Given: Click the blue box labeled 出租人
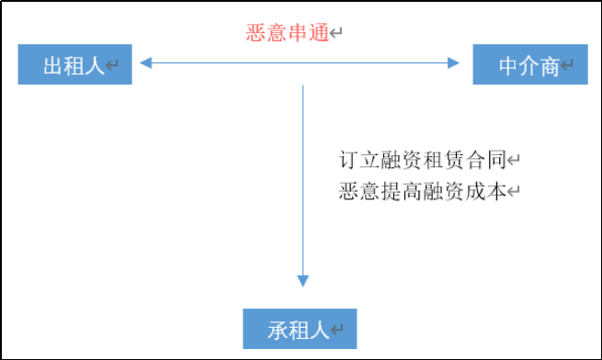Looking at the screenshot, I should click(74, 65).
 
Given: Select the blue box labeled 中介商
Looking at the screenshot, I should click(530, 65).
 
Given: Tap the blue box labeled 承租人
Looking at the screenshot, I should click(299, 330).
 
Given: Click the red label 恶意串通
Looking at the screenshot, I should click(287, 34).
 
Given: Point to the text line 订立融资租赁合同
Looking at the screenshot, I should click(422, 161).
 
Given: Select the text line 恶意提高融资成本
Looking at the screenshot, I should click(422, 192).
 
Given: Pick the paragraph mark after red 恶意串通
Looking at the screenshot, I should click(336, 34).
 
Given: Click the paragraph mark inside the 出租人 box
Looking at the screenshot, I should click(113, 66).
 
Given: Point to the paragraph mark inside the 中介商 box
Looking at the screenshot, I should click(568, 66).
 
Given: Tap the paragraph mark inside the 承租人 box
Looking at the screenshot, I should click(337, 331).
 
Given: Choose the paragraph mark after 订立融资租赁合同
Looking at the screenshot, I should click(514, 161).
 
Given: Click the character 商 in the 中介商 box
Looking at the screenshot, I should click(550, 66).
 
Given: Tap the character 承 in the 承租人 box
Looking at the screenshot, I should click(278, 331).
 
